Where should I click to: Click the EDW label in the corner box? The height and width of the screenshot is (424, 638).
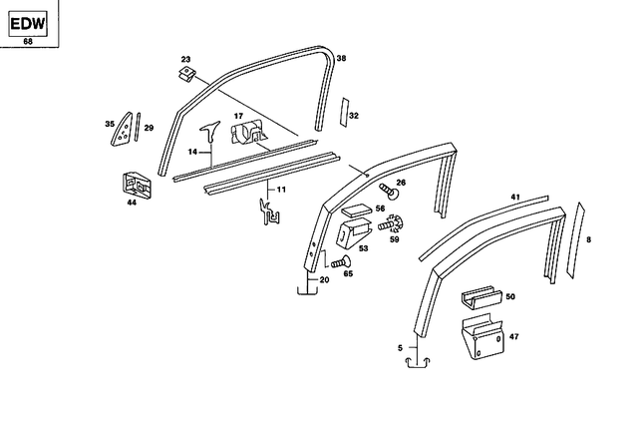click(28, 20)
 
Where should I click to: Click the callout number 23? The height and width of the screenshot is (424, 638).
click(184, 61)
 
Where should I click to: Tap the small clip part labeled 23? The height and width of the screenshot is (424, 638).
click(185, 75)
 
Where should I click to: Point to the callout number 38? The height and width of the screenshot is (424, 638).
click(342, 59)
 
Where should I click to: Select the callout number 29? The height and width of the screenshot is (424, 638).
click(149, 129)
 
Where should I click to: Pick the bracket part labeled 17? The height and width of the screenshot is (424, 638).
click(248, 133)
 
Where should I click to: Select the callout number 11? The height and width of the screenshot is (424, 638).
click(281, 189)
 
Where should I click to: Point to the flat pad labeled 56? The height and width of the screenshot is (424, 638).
click(356, 212)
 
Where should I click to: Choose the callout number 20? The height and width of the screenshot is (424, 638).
click(323, 280)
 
